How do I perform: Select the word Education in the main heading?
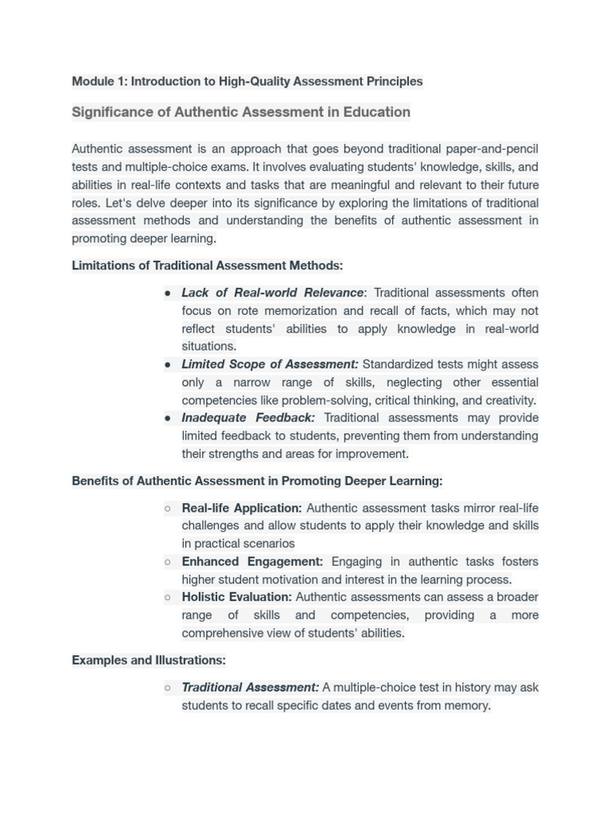[376, 112]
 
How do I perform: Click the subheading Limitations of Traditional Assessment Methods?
[207, 266]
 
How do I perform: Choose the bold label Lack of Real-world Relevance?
[272, 293]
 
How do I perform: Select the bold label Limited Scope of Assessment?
[270, 364]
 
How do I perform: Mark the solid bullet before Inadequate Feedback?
[168, 418]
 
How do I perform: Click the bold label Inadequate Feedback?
[248, 418]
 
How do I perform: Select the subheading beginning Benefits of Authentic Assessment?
[257, 481]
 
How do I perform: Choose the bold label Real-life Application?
[242, 508]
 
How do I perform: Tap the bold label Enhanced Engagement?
[252, 561]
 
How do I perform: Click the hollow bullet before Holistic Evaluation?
[168, 597]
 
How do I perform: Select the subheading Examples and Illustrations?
[149, 660]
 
